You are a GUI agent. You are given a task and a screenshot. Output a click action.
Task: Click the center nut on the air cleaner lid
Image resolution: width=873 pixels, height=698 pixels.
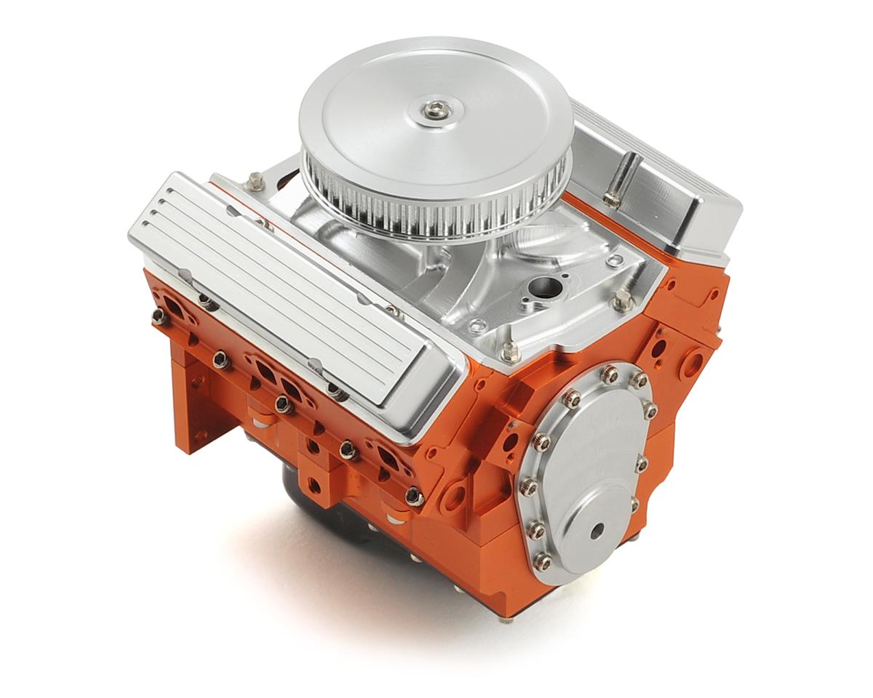click(435, 110)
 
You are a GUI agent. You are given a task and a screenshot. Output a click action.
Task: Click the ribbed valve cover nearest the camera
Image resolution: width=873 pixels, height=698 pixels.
click(291, 291)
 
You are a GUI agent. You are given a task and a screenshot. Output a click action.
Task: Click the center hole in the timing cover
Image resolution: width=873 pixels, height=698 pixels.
click(597, 531)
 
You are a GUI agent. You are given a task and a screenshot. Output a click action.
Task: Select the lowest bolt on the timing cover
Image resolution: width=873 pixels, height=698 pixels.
click(543, 561)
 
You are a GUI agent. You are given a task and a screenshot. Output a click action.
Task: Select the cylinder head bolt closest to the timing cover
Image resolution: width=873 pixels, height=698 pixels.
click(415, 497)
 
